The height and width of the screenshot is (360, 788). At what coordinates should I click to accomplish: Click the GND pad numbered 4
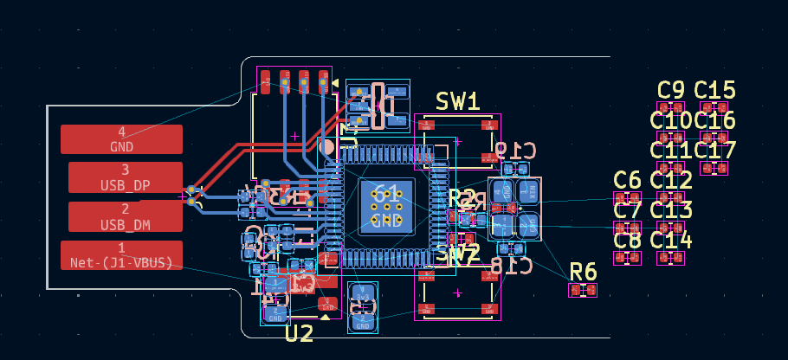click(x=121, y=139)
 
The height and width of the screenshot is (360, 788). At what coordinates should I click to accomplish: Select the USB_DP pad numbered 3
click(x=125, y=177)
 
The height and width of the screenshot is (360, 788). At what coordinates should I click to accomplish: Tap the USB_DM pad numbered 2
click(x=125, y=216)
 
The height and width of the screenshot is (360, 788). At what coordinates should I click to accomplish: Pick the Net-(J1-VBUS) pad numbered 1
click(x=121, y=255)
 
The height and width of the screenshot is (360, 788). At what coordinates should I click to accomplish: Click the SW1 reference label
click(x=457, y=101)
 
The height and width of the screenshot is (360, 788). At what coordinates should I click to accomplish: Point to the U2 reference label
click(x=299, y=334)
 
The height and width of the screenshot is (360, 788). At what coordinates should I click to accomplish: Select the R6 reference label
click(x=583, y=272)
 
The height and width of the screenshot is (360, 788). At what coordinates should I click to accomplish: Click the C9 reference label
click(x=671, y=90)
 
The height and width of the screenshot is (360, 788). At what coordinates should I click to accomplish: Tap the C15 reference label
click(x=714, y=90)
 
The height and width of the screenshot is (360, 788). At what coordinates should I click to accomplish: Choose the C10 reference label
click(x=671, y=120)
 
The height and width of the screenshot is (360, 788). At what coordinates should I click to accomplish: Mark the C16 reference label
click(x=714, y=120)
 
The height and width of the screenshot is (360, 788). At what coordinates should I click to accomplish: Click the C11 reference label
click(x=671, y=150)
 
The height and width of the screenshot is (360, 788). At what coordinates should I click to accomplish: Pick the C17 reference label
click(x=714, y=150)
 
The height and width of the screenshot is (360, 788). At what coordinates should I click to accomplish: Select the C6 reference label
click(x=627, y=180)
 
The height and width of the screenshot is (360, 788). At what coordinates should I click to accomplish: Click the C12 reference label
click(x=671, y=180)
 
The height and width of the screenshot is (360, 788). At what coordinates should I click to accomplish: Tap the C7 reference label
click(x=627, y=209)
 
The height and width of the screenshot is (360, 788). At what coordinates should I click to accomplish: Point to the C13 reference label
click(x=671, y=209)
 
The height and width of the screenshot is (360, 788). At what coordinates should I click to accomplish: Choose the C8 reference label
click(x=627, y=240)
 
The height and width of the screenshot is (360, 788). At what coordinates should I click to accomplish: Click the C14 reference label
click(x=671, y=240)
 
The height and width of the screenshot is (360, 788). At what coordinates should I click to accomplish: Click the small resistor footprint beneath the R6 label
click(x=583, y=290)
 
